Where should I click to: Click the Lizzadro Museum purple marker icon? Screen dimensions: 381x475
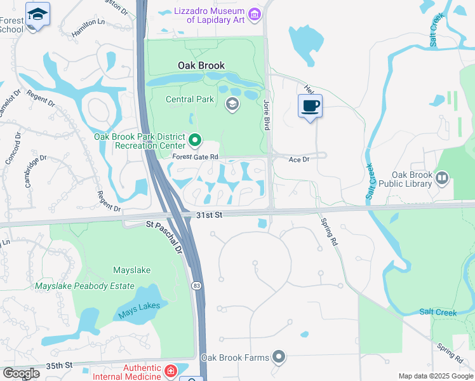click(255, 14)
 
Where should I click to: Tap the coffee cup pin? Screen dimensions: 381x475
click(310, 106)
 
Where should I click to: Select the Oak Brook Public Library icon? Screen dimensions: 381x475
click(442, 178)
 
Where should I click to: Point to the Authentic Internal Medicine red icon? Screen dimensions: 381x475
click(170, 371)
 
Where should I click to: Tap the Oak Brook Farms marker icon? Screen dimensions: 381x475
click(279, 357)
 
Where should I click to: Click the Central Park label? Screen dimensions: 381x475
click(190, 99)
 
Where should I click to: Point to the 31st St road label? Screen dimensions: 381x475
click(209, 215)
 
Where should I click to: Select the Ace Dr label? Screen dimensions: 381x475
click(298, 160)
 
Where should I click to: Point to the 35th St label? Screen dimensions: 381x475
click(60, 366)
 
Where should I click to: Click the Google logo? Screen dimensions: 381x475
click(21, 373)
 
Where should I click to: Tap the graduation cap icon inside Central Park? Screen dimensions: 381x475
click(232, 104)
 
